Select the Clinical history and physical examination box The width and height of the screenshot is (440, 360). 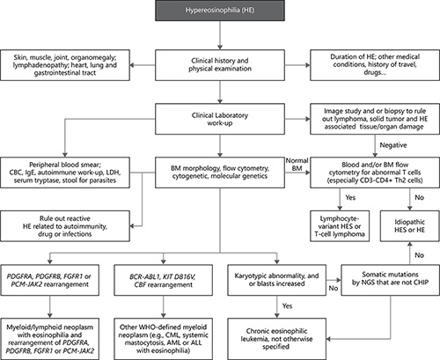(219, 66)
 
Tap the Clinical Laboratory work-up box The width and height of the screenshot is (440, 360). (219, 118)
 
